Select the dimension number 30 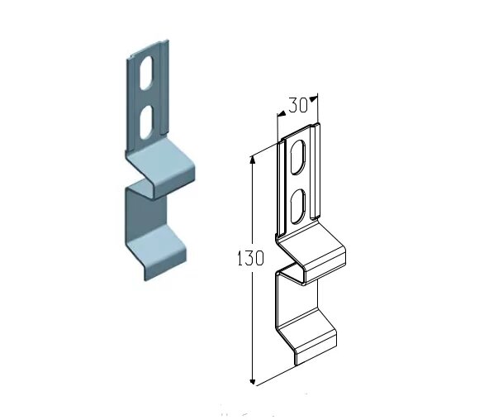click(297, 105)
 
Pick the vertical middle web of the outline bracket click(283, 302)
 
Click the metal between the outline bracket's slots click(297, 182)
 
